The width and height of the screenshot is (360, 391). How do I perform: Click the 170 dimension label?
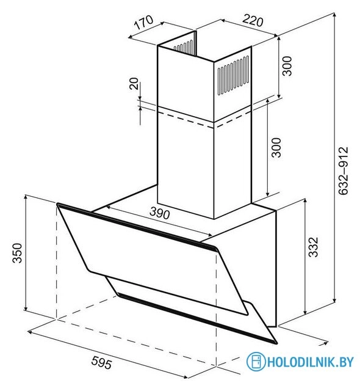point(143,22)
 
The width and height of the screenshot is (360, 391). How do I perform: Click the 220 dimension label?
point(253,20)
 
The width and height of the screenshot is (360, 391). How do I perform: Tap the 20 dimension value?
point(134,84)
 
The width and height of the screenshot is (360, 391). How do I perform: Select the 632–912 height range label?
point(344,170)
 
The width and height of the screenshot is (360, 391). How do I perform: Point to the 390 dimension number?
point(160,213)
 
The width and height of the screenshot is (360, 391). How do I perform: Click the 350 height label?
point(18,253)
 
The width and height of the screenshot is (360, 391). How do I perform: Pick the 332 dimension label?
point(313,247)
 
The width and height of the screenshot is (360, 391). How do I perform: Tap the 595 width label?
point(101,362)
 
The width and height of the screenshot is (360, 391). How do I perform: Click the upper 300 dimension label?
point(287,66)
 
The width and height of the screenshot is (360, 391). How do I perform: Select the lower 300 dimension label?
point(276,147)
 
